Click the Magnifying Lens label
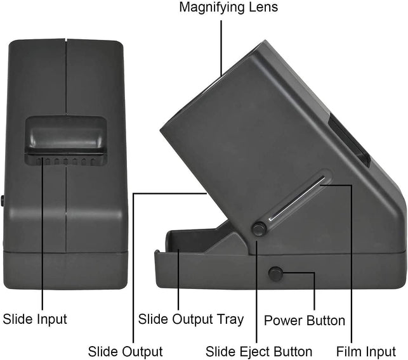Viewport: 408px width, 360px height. [228, 8]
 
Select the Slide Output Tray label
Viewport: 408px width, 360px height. [191, 319]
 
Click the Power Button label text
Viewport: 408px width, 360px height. [305, 320]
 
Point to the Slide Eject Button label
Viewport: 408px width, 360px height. [259, 351]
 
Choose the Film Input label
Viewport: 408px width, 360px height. [366, 351]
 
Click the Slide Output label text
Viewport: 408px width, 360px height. [126, 351]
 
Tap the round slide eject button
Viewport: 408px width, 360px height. [259, 228]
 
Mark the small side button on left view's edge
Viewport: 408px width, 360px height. [3, 200]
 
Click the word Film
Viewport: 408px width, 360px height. [350, 351]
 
